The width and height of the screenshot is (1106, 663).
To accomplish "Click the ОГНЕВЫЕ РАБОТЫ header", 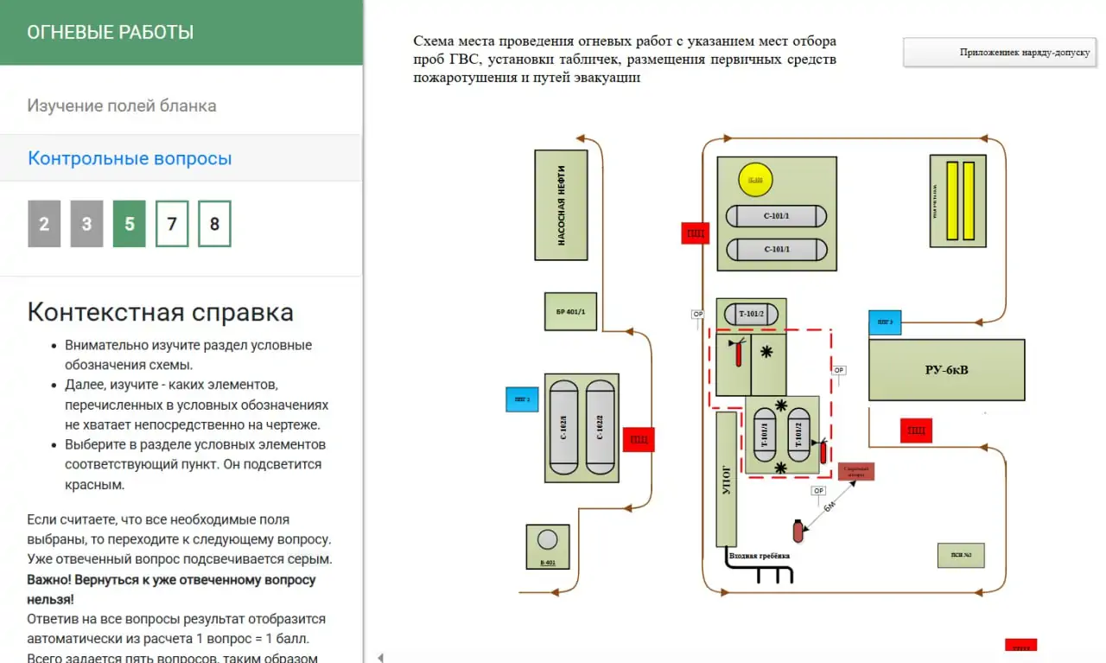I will pyautogui.click(x=111, y=33).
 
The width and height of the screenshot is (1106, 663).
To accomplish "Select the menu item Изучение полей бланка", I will pyautogui.click(x=122, y=106).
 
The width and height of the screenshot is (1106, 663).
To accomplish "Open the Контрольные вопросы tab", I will pyautogui.click(x=130, y=159).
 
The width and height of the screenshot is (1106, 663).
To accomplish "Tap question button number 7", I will pyautogui.click(x=172, y=224).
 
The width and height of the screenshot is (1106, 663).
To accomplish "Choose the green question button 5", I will pyautogui.click(x=130, y=224).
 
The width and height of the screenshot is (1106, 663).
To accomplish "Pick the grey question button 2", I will pyautogui.click(x=44, y=224).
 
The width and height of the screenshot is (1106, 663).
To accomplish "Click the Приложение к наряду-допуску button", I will pyautogui.click(x=1001, y=52).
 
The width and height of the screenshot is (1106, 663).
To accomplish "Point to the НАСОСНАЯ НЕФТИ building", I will pyautogui.click(x=561, y=205).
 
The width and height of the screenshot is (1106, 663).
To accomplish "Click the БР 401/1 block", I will pyautogui.click(x=570, y=311).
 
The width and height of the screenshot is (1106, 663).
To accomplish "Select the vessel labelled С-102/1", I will pyautogui.click(x=564, y=427).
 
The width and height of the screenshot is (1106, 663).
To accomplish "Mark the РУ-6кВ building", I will pyautogui.click(x=946, y=370).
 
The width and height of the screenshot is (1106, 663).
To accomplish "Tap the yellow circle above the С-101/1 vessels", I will pyautogui.click(x=755, y=180).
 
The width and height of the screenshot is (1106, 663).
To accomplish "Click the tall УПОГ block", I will pyautogui.click(x=727, y=479).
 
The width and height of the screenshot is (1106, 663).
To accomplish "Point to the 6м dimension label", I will pyautogui.click(x=829, y=506).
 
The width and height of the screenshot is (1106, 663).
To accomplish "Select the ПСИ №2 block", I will pyautogui.click(x=961, y=555).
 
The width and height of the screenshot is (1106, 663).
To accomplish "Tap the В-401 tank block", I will pyautogui.click(x=548, y=546).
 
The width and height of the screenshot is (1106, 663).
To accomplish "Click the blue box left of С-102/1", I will pyautogui.click(x=522, y=399).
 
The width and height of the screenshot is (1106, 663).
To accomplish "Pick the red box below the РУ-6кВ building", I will pyautogui.click(x=916, y=430).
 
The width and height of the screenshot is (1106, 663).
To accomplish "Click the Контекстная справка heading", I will pyautogui.click(x=160, y=312).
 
